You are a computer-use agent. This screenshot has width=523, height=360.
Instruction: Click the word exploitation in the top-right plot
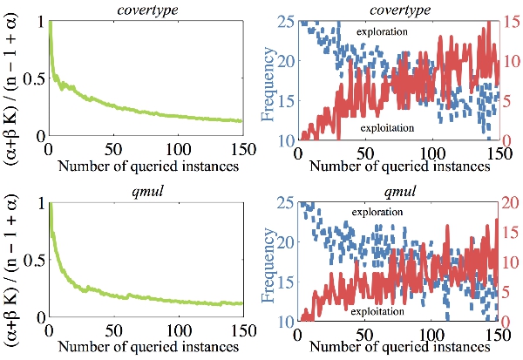coord(388,129)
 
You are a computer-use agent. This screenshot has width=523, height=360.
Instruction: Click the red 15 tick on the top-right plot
coord(513,21)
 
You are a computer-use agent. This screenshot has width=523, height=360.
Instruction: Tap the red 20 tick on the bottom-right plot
coord(513,203)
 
